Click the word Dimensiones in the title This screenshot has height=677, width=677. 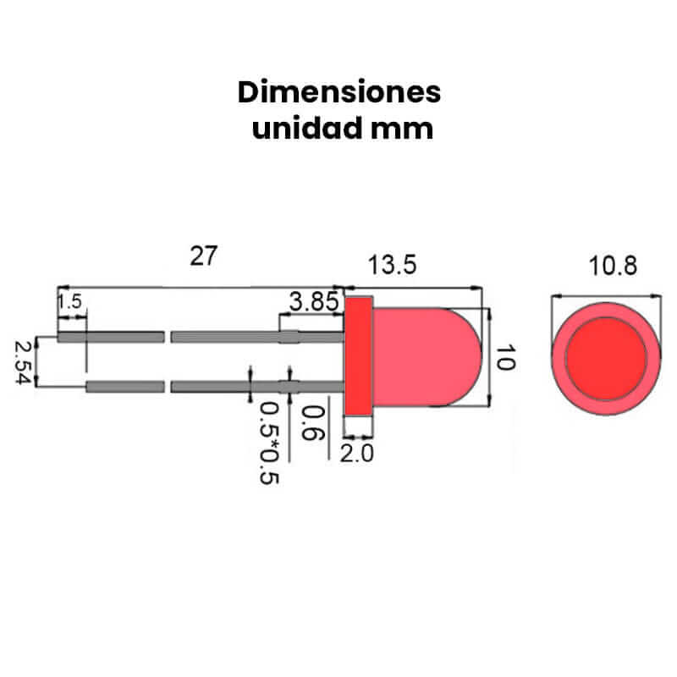pos(338,92)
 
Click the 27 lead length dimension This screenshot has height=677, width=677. pos(203,256)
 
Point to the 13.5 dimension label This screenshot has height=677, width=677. pos(392,265)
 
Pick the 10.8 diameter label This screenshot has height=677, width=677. pos(613,267)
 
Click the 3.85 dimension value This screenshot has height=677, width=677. pos(313,300)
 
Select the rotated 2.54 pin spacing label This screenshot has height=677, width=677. pos(23,362)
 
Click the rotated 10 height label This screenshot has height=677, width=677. pos(504,358)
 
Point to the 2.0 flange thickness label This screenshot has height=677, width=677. pos(356,454)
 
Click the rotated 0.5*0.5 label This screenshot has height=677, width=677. pos(270,443)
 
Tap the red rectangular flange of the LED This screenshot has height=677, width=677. pos(359,355)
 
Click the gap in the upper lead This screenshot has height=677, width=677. pos(167,337)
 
